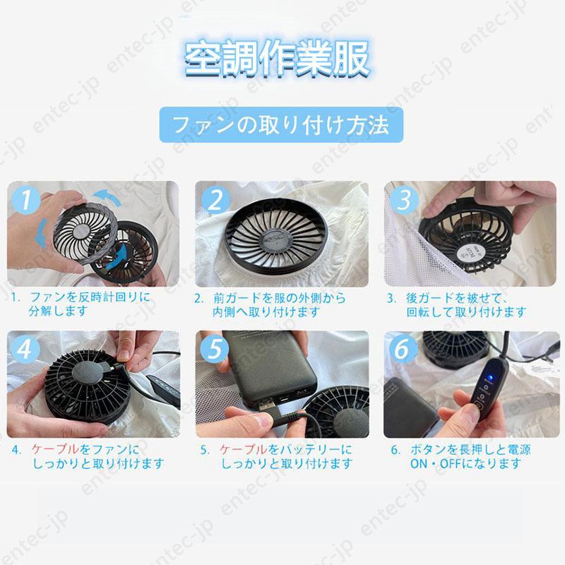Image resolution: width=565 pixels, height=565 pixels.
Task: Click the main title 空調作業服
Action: point(277,59)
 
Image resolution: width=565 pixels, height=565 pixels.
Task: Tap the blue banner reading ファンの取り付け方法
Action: point(281,125)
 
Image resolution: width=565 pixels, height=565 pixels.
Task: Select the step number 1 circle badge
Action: point(26,201)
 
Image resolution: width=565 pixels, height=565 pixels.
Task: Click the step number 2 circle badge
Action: point(215,200)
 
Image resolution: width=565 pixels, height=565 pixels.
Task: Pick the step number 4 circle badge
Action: point(25,349)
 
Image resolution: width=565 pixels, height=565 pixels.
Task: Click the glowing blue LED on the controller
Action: point(489,378)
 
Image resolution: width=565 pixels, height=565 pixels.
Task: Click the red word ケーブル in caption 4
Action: point(56,449)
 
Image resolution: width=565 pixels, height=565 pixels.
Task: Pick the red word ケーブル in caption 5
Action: point(244,449)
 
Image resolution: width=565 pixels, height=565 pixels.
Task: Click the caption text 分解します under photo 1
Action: point(58,311)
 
